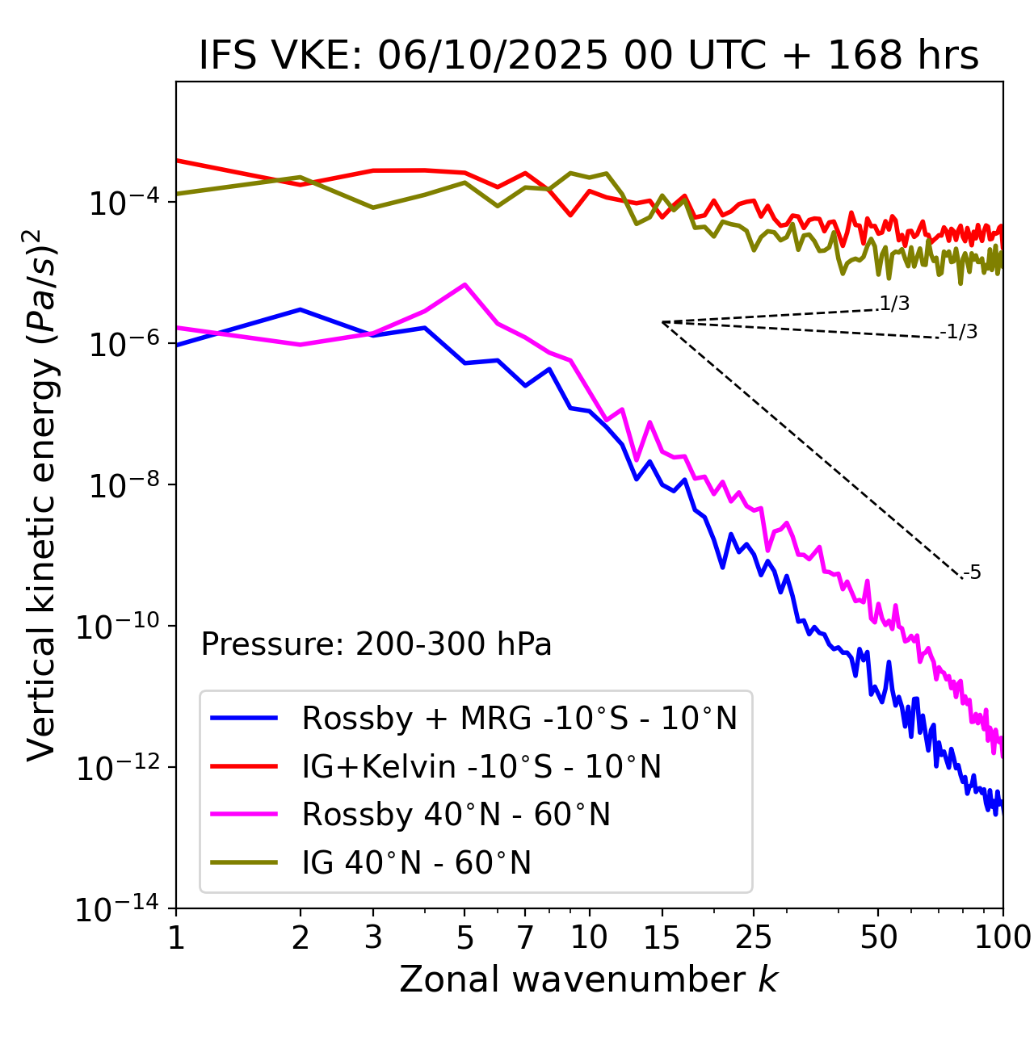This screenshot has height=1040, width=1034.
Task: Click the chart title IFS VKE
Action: point(588,57)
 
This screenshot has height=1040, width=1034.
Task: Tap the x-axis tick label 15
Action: point(662,937)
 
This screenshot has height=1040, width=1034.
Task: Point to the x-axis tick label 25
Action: point(754,937)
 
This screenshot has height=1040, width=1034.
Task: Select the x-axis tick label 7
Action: point(525,937)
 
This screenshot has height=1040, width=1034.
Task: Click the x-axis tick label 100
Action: point(1002,937)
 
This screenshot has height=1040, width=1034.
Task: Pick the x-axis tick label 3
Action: point(373,937)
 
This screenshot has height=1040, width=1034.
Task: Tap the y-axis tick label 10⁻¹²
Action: point(116,769)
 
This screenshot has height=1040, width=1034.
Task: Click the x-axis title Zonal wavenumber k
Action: point(588,979)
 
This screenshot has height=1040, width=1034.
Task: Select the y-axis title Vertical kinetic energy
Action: point(42,494)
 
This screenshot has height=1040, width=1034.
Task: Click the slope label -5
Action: point(973,573)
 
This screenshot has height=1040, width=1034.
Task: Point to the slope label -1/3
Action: point(960,332)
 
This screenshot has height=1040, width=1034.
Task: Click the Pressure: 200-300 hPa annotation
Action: point(376,644)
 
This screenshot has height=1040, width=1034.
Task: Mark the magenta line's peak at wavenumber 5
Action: point(464,284)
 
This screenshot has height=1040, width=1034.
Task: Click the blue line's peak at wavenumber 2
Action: point(301,309)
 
